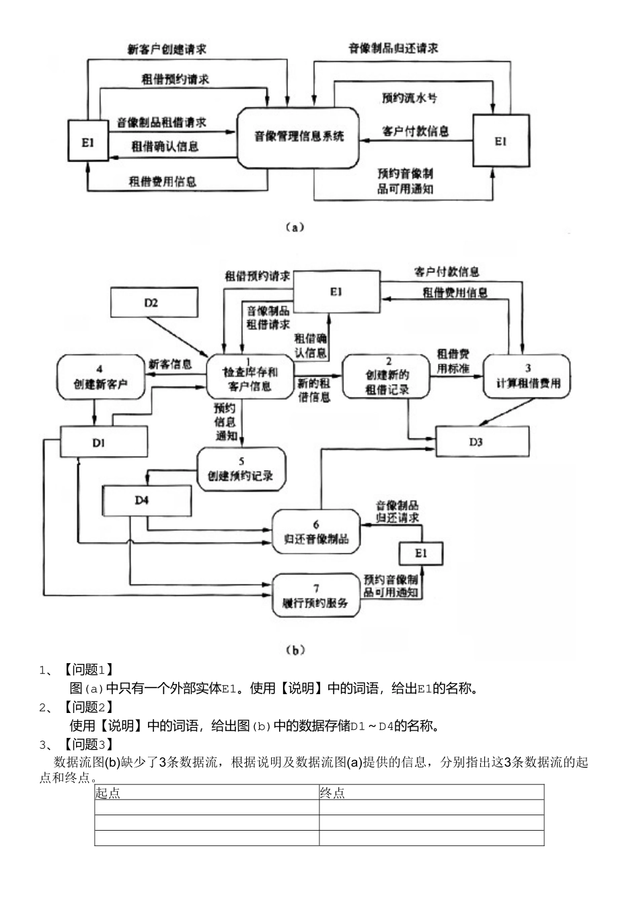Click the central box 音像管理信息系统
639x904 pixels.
(x=298, y=137)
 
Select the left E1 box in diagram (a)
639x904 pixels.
(x=87, y=141)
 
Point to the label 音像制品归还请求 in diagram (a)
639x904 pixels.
(x=393, y=48)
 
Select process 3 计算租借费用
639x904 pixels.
(x=528, y=377)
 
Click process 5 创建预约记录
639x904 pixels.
(x=241, y=469)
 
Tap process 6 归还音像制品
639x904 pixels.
(x=315, y=531)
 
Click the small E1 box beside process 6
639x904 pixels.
(x=421, y=553)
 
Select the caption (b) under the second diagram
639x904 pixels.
(x=295, y=649)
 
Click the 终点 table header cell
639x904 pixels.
(x=430, y=792)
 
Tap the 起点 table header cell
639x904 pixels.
(x=206, y=792)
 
